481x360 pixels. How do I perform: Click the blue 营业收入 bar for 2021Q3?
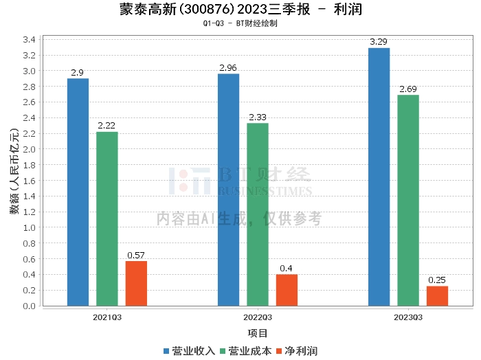(x=78, y=192)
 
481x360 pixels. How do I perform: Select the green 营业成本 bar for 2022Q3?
(x=258, y=214)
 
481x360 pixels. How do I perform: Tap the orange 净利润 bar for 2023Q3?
(x=438, y=296)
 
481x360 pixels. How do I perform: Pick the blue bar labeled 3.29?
(x=379, y=177)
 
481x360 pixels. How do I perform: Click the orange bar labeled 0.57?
(x=136, y=284)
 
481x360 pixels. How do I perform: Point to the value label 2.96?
(x=228, y=68)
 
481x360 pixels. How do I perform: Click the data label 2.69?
(x=408, y=89)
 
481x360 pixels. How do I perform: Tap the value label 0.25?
(x=437, y=280)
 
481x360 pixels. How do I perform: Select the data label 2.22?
(x=107, y=126)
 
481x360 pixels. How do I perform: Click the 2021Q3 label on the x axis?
(x=107, y=317)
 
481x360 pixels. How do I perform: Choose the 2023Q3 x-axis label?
(x=408, y=317)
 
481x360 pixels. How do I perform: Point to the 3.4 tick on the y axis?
(x=29, y=40)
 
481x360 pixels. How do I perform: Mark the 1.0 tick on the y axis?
(x=29, y=227)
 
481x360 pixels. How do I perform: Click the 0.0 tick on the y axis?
(x=29, y=306)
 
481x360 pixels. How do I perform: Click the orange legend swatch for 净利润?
(x=279, y=352)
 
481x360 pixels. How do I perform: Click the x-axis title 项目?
(x=258, y=333)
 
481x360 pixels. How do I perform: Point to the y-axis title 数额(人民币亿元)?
(x=14, y=171)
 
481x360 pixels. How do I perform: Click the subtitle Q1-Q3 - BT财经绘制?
(x=240, y=23)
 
